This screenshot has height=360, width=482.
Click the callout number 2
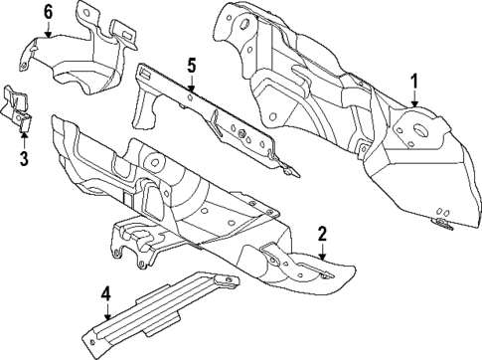click(322, 235)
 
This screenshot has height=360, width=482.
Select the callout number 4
click(105, 293)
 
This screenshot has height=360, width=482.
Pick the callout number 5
click(192, 67)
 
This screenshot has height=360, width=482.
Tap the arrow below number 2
click(322, 255)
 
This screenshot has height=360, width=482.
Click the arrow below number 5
click(192, 87)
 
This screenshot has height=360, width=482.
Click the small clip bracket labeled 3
click(18, 106)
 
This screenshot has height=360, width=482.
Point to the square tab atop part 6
click(123, 33)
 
